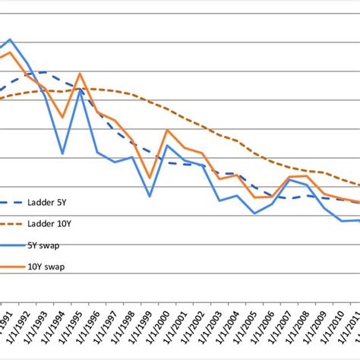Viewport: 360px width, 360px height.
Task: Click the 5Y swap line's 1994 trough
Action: coord(62,154)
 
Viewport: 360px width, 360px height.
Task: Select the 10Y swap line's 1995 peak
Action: coord(80,74)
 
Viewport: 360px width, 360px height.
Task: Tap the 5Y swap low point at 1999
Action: coord(150,196)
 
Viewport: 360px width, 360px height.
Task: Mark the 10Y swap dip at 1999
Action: coord(150,178)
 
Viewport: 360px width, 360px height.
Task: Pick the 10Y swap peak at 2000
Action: coord(167,130)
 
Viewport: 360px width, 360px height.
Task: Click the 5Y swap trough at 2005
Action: coord(254,213)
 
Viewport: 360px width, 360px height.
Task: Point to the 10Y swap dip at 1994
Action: coord(62,118)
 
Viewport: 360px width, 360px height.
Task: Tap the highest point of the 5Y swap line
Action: coord(10,39)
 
